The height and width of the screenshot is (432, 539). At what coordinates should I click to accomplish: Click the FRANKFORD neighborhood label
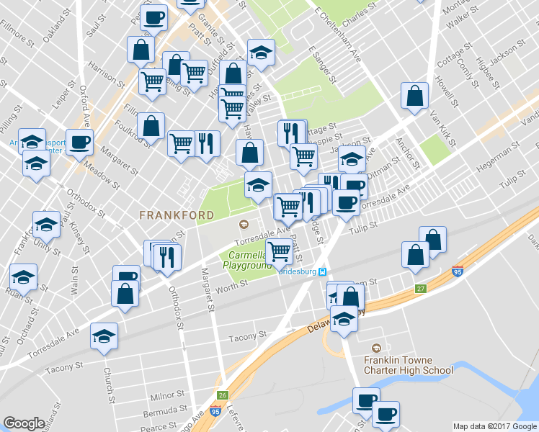click(177, 215)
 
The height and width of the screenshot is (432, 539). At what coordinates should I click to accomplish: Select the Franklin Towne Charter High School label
click(408, 366)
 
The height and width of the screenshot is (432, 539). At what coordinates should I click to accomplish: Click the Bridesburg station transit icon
click(324, 272)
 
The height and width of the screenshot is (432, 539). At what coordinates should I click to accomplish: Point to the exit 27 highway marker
click(421, 289)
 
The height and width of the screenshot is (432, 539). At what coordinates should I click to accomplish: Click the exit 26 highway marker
click(223, 395)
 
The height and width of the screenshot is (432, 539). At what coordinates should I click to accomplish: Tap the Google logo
click(24, 423)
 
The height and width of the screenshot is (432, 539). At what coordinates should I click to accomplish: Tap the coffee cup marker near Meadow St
click(79, 141)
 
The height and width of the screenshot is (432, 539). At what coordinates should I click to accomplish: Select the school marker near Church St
click(104, 336)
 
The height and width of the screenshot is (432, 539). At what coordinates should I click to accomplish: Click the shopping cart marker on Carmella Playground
click(278, 252)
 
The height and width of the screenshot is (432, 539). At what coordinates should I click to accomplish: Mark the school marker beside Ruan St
click(23, 276)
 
